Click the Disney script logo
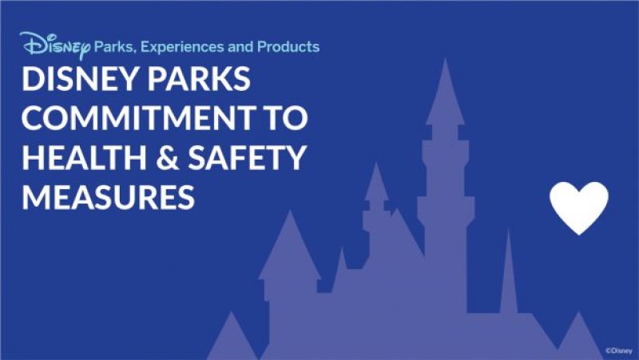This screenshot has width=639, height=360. pyautogui.click(x=54, y=46)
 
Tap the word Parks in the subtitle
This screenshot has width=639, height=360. pyautogui.click(x=114, y=47)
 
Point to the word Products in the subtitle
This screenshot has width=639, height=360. pyautogui.click(x=289, y=47)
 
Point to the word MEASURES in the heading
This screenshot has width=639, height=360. pyautogui.click(x=108, y=196)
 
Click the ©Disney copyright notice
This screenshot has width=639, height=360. pyautogui.click(x=618, y=350)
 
